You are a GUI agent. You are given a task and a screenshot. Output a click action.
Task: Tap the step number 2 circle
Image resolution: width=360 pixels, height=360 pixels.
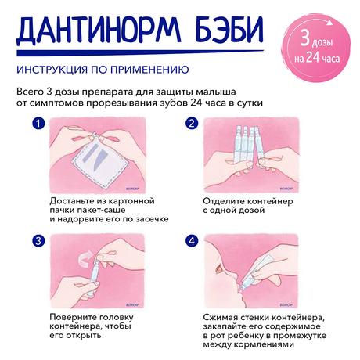pyautogui.click(x=190, y=124)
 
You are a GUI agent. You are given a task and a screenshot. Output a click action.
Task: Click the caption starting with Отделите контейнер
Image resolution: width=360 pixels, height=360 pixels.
pyautogui.click(x=238, y=205)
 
